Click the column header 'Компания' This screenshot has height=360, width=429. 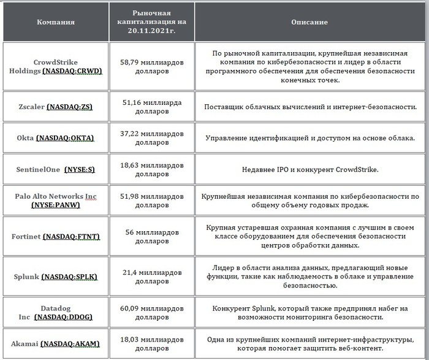[x=56, y=22]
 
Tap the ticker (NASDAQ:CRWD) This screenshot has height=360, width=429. [x=72, y=71]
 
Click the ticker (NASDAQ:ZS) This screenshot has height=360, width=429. [x=69, y=107]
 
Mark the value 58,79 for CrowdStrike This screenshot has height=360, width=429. [x=133, y=62]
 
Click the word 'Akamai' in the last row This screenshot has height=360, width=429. [x=28, y=343]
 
